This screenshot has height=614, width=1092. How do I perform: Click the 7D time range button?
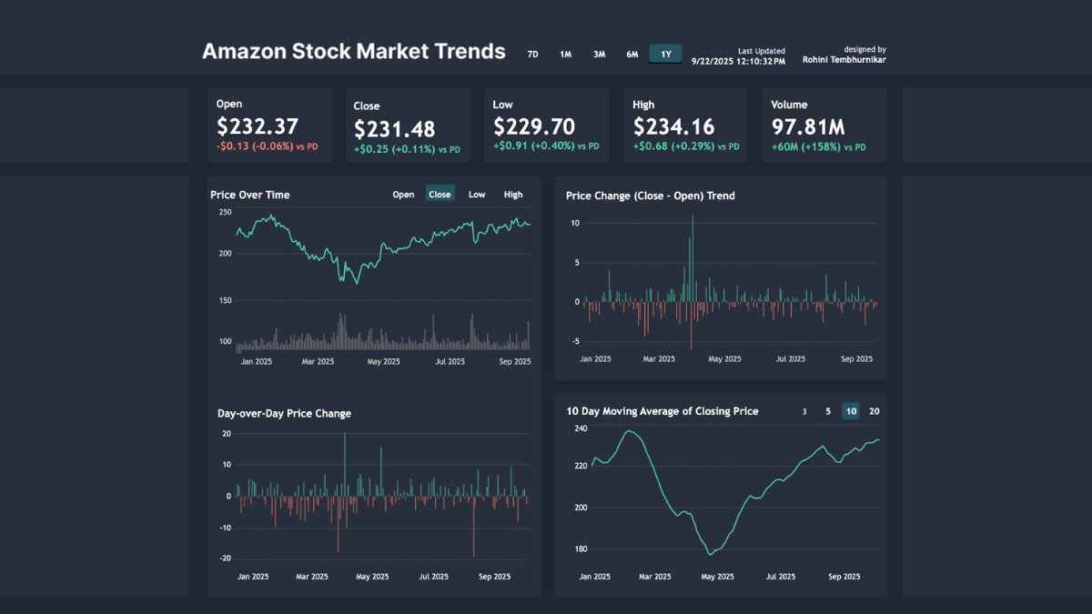(532, 55)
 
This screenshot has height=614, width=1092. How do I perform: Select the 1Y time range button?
(665, 55)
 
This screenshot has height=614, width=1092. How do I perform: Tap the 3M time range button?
(599, 55)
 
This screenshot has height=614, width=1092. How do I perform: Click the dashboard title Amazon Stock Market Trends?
(353, 51)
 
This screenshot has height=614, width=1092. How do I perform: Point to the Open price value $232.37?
(258, 126)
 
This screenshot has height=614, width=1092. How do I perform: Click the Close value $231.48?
(394, 129)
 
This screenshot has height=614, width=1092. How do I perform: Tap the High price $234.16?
(673, 126)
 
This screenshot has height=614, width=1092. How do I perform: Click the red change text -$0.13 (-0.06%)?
(255, 146)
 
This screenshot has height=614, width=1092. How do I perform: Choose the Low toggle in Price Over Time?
(477, 194)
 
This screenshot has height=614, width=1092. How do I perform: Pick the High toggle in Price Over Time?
(513, 194)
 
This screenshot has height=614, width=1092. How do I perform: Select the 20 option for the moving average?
(874, 411)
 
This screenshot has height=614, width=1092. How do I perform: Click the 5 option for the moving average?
(828, 411)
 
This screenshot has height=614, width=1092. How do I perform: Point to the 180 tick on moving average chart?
(580, 549)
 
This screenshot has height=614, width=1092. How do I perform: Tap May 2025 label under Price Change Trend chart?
(725, 358)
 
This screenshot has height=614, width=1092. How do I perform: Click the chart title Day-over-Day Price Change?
(284, 413)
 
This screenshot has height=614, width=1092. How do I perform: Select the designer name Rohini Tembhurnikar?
(844, 60)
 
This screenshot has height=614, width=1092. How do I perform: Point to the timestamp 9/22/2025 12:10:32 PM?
(738, 61)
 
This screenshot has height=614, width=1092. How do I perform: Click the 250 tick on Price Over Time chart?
(225, 212)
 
